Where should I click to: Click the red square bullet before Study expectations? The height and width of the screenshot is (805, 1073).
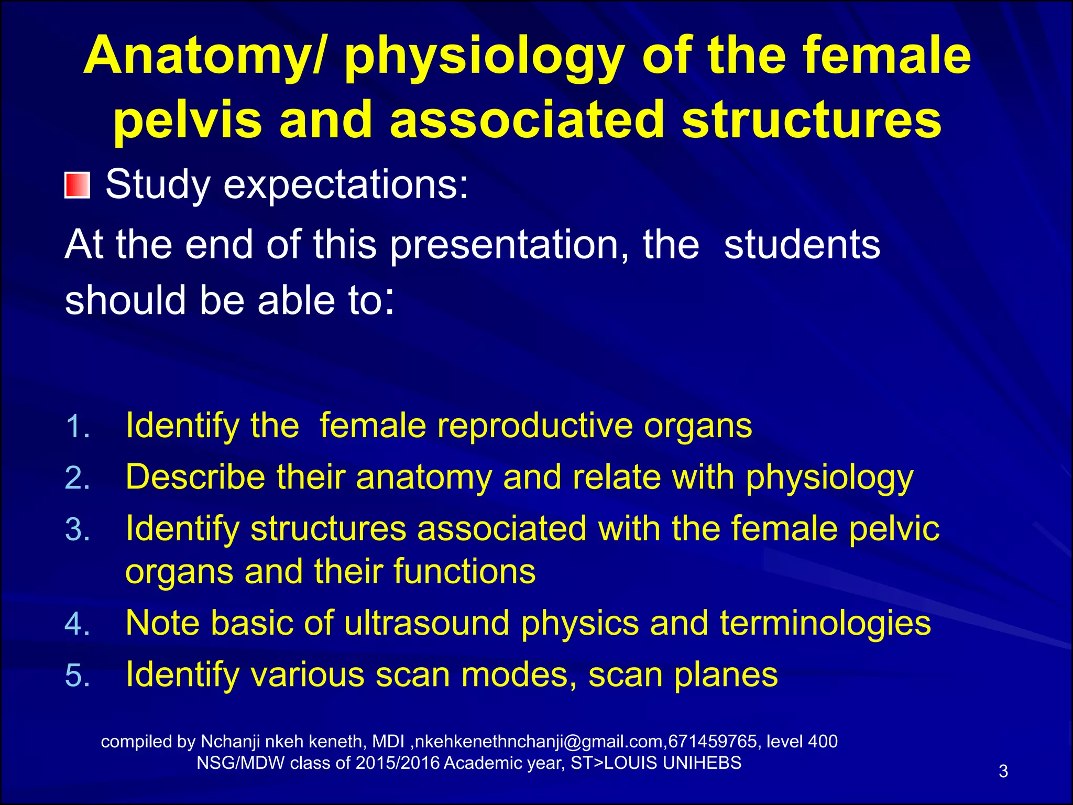[78, 185]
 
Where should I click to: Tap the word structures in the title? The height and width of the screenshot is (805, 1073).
[812, 120]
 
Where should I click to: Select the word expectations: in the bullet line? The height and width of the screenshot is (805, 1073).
[346, 184]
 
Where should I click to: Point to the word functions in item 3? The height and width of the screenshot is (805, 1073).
[464, 572]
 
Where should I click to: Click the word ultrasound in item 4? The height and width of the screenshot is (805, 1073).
[426, 623]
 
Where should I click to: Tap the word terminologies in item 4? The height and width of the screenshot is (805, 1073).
[825, 623]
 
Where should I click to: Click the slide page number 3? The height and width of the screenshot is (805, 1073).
[1003, 771]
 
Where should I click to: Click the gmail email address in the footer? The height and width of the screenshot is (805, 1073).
[540, 742]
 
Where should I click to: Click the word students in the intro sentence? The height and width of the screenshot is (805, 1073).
[802, 245]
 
